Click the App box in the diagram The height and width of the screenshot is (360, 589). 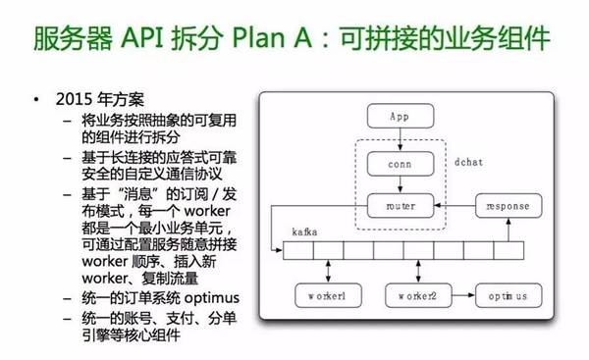click(398, 118)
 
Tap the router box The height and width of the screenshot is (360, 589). click(398, 206)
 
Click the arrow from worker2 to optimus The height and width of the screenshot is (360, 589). click(461, 293)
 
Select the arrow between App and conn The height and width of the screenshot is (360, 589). click(398, 139)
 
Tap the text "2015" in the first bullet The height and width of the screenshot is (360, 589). click(74, 102)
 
